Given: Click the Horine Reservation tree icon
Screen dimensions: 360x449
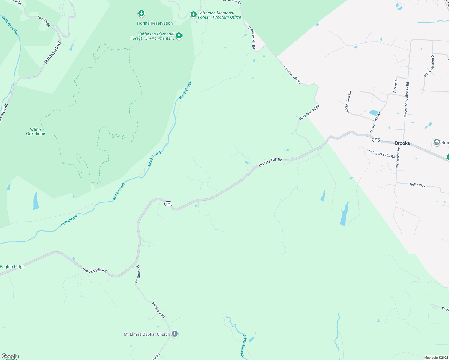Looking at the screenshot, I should click(141, 13).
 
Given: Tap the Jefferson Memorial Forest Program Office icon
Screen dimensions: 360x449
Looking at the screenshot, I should click(194, 14).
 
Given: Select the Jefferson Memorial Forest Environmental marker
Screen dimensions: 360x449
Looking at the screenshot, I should click(179, 36).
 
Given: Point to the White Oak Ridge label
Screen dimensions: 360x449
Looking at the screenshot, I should click(35, 132).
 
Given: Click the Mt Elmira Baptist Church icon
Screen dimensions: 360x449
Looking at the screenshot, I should click(175, 334).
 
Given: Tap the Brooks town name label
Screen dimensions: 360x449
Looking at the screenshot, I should click(402, 143).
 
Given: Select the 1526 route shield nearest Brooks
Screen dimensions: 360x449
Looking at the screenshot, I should click(376, 139).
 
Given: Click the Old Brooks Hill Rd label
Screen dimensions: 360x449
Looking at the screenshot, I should click(381, 154).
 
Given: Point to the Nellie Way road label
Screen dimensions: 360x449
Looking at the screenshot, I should click(417, 185).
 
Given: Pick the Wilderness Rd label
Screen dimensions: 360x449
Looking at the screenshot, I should click(398, 157).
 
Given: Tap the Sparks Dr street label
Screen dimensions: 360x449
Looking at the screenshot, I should click(396, 86).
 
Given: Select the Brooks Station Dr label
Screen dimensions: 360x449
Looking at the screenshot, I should click(429, 66).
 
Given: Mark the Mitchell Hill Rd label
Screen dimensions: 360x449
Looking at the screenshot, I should click(53, 52).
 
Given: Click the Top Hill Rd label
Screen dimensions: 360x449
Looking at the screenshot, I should click(44, 22).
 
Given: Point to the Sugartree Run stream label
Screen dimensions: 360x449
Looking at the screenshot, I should click(10, 26).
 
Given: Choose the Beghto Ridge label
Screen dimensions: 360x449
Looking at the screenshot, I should click(12, 267).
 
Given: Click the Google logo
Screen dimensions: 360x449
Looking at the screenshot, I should click(10, 356).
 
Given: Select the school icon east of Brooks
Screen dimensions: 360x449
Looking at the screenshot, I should click(437, 142).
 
